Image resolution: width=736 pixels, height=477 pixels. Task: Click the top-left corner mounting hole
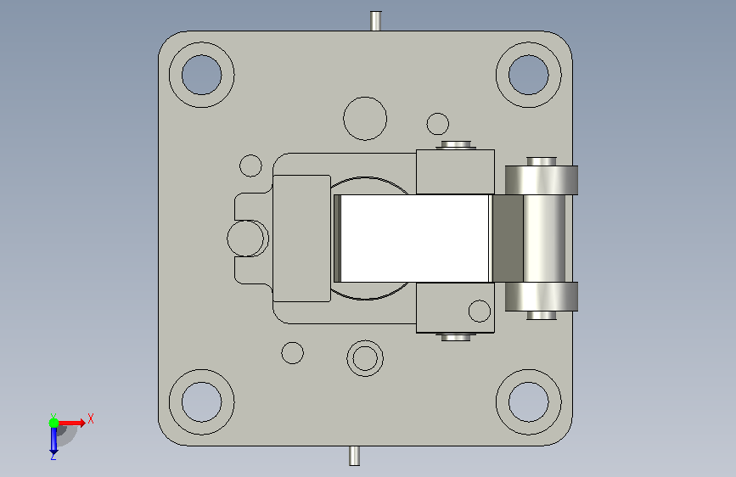[201, 75]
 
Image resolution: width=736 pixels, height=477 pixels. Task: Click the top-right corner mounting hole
[529, 75]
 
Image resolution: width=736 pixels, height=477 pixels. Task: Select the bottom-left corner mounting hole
[201, 401]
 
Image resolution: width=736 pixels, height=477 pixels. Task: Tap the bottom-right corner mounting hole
[529, 401]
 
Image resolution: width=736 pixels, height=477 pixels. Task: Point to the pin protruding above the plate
[375, 20]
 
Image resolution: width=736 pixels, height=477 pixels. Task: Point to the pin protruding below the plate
[354, 456]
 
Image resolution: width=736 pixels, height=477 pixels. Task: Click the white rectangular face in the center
[414, 238]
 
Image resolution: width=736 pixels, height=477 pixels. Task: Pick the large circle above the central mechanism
[365, 118]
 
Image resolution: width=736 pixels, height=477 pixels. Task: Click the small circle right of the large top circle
[438, 125]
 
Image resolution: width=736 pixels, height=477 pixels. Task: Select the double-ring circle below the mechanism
[365, 358]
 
